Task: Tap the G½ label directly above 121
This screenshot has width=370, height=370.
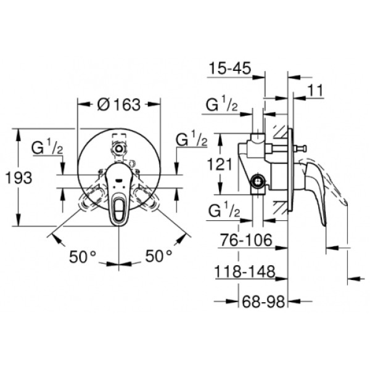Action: click(223, 105)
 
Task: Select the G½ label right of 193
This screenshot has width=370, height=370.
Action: click(48, 148)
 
